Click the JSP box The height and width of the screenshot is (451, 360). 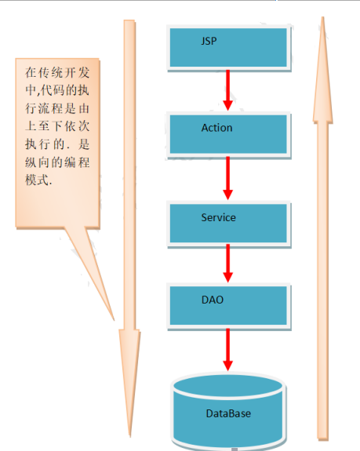tap(229, 48)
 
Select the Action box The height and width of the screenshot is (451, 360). tap(229, 135)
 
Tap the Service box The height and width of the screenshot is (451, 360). tap(229, 224)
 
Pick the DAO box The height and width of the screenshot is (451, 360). tap(229, 307)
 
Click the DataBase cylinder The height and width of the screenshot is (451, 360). tap(228, 412)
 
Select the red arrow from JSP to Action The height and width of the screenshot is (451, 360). tap(227, 90)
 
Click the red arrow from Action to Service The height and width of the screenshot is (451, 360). tap(227, 178)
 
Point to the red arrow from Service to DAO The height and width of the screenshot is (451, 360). tap(227, 264)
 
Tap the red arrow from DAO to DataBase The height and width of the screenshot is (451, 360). tap(227, 350)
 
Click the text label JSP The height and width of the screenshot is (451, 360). tap(209, 41)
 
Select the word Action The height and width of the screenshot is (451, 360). tap(216, 128)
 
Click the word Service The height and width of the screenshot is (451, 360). tap(218, 217)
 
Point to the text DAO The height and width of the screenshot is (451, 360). tap(213, 300)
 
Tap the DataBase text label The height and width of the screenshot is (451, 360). tap(228, 413)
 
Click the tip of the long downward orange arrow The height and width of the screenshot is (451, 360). tap(130, 437)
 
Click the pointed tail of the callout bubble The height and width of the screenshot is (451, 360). tap(115, 320)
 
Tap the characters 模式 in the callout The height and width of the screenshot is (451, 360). tap(37, 180)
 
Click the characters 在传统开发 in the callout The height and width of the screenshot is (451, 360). tap(57, 72)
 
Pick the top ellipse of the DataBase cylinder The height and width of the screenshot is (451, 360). tap(228, 387)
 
